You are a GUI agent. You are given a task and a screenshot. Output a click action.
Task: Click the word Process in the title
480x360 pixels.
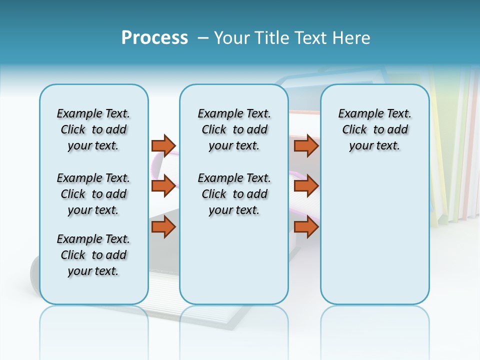154,38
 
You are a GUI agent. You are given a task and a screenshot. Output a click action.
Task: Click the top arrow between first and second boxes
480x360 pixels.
163,145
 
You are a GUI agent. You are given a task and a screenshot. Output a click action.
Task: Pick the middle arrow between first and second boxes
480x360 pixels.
163,185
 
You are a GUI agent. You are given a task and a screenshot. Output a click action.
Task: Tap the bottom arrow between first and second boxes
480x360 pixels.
163,227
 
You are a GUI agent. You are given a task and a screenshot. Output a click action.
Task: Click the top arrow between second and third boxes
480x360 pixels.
306,145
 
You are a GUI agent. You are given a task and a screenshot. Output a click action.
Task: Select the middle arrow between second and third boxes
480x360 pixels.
306,185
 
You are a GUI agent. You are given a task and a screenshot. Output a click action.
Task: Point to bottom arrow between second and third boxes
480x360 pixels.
306,227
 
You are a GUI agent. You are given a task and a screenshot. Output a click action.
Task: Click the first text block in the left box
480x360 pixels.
93,129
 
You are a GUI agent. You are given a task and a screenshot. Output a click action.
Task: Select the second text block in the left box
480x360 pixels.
93,194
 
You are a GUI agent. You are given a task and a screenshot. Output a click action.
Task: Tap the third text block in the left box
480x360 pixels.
93,255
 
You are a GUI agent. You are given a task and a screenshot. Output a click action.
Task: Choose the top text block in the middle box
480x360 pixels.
234,129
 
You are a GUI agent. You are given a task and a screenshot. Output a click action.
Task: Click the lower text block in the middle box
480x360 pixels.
234,194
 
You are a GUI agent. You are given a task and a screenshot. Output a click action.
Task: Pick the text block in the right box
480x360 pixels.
374,129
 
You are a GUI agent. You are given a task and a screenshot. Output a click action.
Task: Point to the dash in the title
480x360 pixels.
203,38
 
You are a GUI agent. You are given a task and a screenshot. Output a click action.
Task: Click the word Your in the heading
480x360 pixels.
232,38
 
